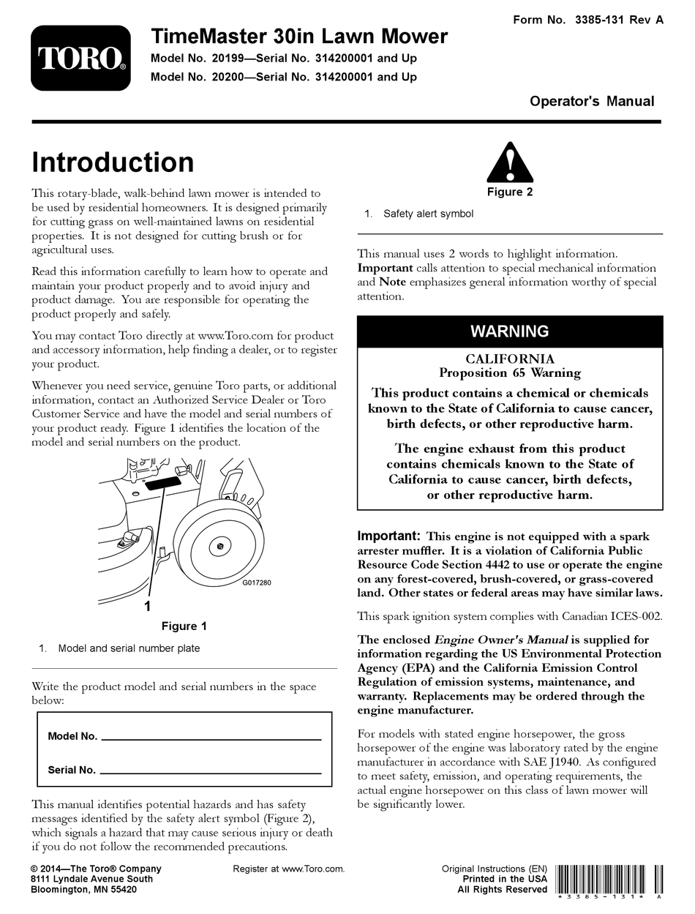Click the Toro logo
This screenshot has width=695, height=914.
(x=80, y=59)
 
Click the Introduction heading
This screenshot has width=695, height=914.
(x=113, y=162)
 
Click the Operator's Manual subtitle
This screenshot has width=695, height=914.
(x=592, y=101)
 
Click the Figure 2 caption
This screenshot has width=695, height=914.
(x=510, y=192)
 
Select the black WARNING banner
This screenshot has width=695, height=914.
(x=510, y=331)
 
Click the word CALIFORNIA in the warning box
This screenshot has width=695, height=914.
(x=510, y=359)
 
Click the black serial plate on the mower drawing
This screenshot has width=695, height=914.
(x=162, y=484)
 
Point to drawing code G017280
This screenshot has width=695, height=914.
(x=257, y=583)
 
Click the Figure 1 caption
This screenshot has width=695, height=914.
(x=184, y=626)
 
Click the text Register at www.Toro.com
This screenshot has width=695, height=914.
(x=288, y=869)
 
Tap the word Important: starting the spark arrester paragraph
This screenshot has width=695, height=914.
(x=388, y=536)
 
